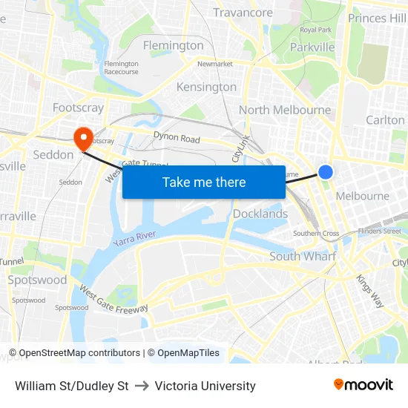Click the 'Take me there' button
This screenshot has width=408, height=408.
click(x=204, y=182)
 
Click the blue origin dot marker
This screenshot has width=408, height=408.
click(x=326, y=172)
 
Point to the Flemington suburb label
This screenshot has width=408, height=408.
click(x=173, y=45)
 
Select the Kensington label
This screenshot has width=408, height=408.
click(x=206, y=87)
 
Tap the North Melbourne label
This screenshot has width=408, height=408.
click(x=285, y=110)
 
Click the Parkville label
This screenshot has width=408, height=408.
click(x=312, y=47)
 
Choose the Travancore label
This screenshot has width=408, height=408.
click(x=243, y=13)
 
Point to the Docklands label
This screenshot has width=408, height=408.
click(x=260, y=214)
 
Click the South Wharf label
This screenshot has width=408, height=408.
click(x=303, y=256)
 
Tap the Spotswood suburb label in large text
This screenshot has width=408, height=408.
click(x=37, y=280)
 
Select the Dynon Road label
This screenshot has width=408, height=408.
click(x=177, y=138)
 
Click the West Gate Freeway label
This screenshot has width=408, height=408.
click(x=113, y=298)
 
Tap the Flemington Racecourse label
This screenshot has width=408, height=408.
click(x=122, y=68)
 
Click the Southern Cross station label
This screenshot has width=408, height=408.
click(x=316, y=234)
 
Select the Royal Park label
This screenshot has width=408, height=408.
click(x=315, y=30)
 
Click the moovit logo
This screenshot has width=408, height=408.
click(x=363, y=385)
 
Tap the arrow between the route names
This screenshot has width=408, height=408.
click(x=142, y=386)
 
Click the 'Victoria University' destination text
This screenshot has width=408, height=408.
click(x=205, y=386)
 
